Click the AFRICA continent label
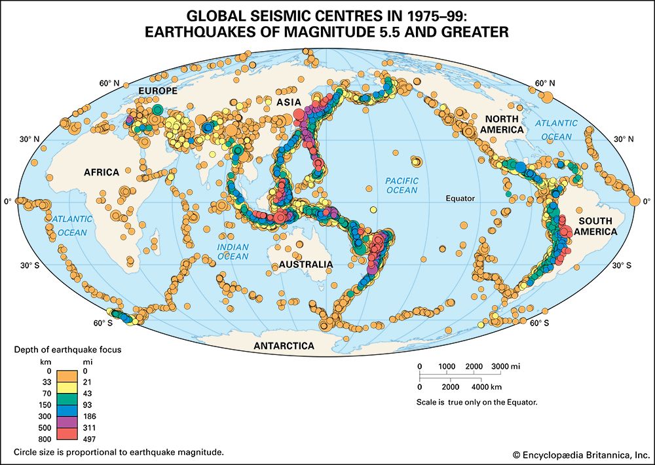click(101, 172)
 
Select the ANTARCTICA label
click(284, 345)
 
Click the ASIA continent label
click(288, 102)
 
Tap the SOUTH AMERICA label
click(592, 226)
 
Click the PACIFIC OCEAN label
click(401, 185)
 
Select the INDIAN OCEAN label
click(233, 251)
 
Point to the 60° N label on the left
click(110, 83)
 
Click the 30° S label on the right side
click(622, 265)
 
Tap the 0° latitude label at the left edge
click(7, 202)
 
